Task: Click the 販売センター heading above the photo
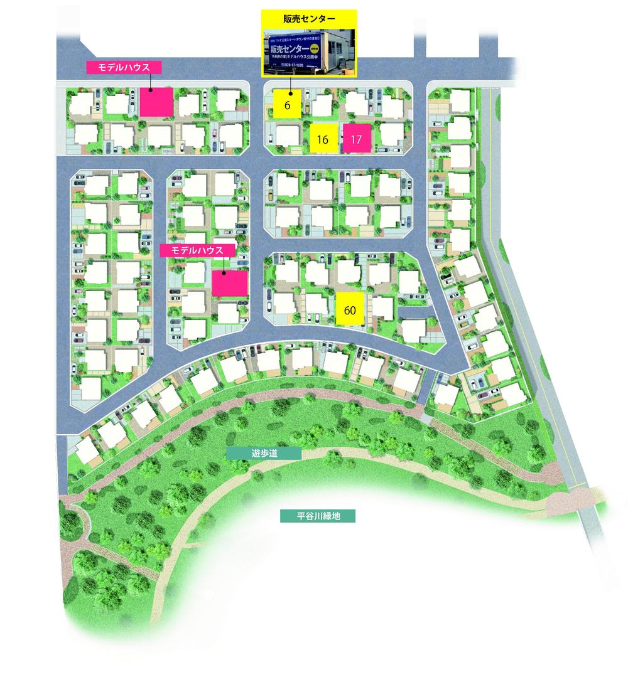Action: tap(309, 19)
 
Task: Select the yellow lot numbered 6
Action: tap(287, 105)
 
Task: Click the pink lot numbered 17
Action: tap(357, 139)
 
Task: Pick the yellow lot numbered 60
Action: tap(351, 309)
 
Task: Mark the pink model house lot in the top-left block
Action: tap(156, 102)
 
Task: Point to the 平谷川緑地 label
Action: tap(318, 517)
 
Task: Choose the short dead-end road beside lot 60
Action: tap(416, 312)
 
